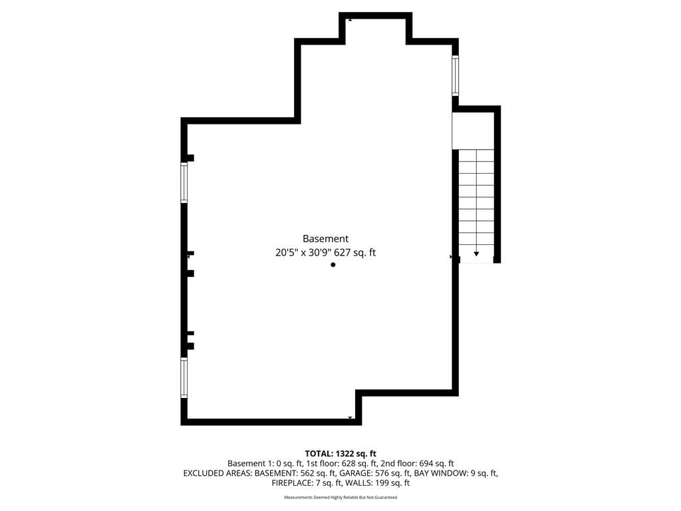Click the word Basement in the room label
click(x=325, y=239)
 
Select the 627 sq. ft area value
click(x=355, y=252)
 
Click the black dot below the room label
click(x=333, y=265)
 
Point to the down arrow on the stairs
click(x=476, y=254)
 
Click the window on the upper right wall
click(x=455, y=76)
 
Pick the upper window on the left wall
click(x=184, y=182)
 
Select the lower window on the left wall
click(x=184, y=378)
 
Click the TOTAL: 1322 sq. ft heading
click(x=340, y=454)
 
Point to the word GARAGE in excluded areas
click(x=355, y=473)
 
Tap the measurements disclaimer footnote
click(x=340, y=497)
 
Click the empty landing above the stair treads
click(x=473, y=131)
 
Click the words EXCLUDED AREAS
click(x=217, y=473)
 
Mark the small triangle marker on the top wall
click(x=350, y=20)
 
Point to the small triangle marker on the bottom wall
click(x=350, y=418)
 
